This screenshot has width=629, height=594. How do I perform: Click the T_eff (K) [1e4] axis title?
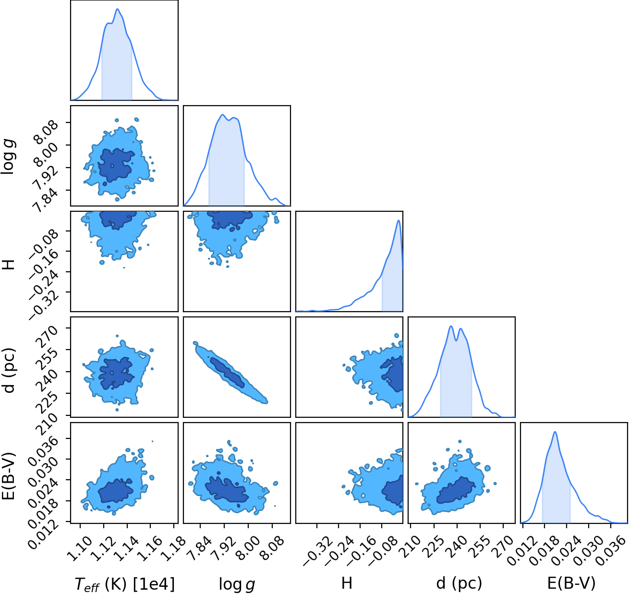[x=125, y=583]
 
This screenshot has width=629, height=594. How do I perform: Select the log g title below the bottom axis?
[x=237, y=584]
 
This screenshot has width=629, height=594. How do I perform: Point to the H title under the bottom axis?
[x=347, y=582]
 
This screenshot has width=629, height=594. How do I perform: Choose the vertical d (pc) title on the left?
[x=9, y=371]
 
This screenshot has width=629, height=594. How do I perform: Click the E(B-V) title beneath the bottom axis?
[x=571, y=583]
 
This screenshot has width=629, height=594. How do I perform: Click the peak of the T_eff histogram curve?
[x=117, y=9]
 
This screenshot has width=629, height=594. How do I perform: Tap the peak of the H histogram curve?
[x=399, y=220]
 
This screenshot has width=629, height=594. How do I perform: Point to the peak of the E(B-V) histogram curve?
[x=555, y=432]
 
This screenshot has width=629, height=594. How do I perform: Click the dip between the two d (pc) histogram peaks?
[x=456, y=340]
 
